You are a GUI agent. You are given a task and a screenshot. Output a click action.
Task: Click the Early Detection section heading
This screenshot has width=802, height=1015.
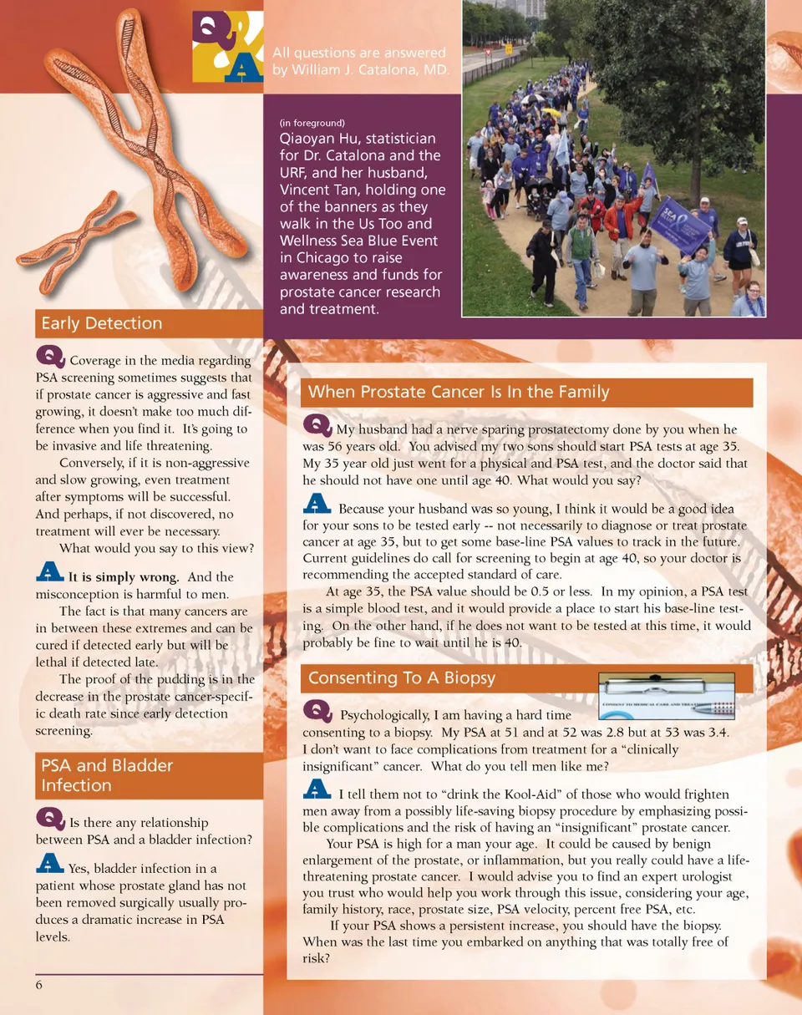point(101,323)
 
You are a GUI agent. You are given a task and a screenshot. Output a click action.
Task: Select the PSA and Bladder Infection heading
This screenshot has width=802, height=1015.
point(106,775)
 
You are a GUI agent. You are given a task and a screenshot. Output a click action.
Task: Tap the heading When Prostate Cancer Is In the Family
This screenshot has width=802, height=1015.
point(459,392)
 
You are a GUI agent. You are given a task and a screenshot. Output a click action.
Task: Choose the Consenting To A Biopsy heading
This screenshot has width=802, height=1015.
point(402,678)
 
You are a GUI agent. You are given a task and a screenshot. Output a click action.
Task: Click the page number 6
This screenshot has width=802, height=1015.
point(39,985)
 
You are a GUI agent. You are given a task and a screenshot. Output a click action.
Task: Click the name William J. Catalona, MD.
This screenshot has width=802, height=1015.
point(361,69)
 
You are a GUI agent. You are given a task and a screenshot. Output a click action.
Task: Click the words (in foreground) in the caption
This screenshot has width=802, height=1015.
point(312,123)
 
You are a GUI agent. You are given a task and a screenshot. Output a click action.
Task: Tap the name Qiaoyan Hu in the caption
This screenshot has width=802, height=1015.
point(314,139)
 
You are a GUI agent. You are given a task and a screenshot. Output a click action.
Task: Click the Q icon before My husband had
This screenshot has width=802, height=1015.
point(317,426)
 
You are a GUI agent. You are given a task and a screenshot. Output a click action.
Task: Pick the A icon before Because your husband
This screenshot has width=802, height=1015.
point(317,505)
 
